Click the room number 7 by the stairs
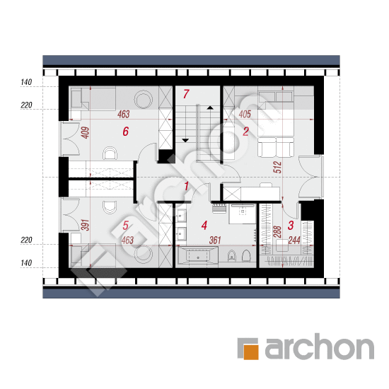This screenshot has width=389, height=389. point(186,94)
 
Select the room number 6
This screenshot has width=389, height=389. point(126,132)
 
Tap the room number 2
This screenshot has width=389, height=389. point(245,132)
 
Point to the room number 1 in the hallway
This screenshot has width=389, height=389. point(186,186)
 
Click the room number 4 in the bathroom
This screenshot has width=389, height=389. point(204,225)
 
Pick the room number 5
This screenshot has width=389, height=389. point(125,225)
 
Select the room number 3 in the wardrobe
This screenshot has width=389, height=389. point(291,225)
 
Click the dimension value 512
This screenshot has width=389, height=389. point(277,167)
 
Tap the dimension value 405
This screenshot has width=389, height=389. point(245,114)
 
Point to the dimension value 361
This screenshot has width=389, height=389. point(215,240)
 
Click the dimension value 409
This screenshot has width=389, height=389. point(85,133)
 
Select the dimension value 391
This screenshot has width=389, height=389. point(85,225)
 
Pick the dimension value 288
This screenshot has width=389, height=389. point(277,232)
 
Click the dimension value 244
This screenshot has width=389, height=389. point(294,240)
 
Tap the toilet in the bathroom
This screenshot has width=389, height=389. point(246,255)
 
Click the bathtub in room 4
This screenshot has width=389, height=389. point(198,257)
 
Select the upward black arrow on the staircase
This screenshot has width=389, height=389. point(210,108)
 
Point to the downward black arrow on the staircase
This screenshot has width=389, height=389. point(185,141)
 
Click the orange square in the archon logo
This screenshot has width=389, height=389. point(250,352)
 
